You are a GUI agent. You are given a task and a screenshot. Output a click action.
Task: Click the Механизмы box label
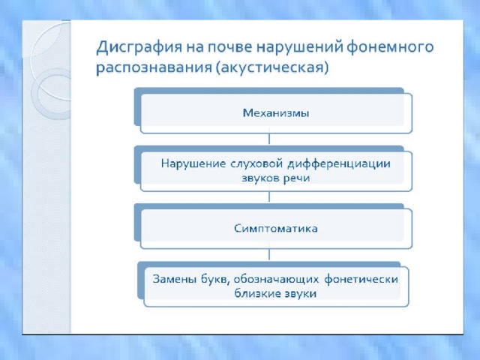tap(276, 113)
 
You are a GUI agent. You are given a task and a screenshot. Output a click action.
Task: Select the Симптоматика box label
tap(276, 228)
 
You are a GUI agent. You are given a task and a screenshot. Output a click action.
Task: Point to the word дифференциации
tap(339, 164)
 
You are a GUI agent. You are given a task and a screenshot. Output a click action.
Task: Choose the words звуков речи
tap(276, 178)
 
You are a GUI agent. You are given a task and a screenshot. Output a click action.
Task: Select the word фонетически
tap(361, 279)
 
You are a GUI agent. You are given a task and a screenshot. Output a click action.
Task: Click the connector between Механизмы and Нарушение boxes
tap(269, 139)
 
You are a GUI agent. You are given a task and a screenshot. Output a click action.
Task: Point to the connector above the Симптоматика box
tap(269, 196)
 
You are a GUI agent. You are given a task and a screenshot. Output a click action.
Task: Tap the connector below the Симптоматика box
tap(269, 254)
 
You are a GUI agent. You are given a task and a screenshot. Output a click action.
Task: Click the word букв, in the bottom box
tap(215, 280)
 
